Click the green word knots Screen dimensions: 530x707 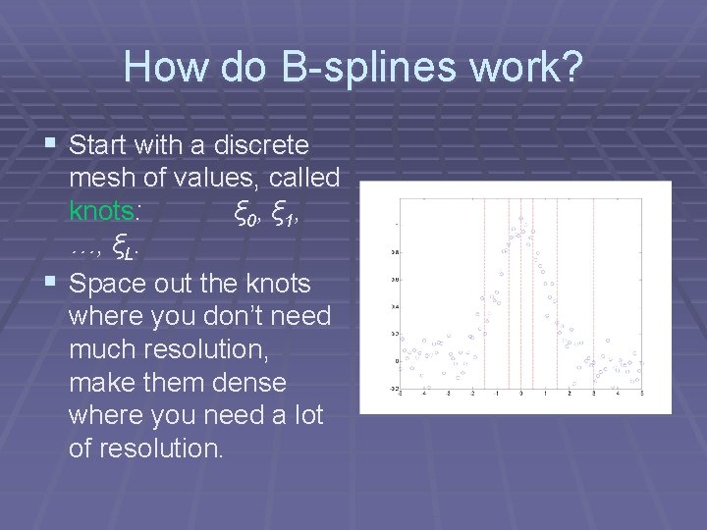click(x=107, y=211)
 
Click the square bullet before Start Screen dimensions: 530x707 click(x=50, y=144)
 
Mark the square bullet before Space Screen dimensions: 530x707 click(x=50, y=283)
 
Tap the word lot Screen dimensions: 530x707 click(x=306, y=415)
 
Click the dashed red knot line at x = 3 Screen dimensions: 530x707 click(x=593, y=294)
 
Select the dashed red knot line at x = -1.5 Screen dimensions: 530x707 click(x=484, y=294)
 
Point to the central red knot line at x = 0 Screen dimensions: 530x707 click(x=521, y=294)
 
